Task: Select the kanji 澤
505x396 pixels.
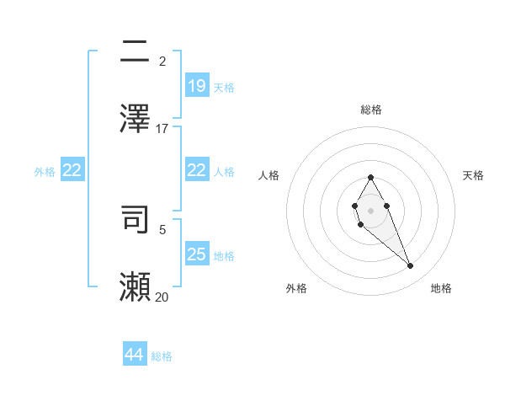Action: tap(136, 119)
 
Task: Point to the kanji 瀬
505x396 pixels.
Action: tap(136, 286)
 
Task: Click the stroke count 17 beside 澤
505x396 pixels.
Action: tap(162, 129)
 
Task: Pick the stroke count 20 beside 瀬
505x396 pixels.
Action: tap(162, 297)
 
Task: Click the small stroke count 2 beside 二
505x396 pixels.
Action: tap(162, 62)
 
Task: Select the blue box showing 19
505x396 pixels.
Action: tap(196, 85)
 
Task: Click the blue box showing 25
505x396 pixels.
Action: tap(196, 254)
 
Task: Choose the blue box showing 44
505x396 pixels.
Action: tap(135, 355)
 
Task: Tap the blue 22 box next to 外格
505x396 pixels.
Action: tap(72, 170)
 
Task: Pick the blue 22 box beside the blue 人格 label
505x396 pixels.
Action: tap(196, 170)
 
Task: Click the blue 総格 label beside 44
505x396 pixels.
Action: tap(162, 356)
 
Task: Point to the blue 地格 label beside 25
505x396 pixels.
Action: tap(224, 255)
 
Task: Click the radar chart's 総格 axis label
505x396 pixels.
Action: tap(371, 110)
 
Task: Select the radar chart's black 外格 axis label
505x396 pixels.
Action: tap(296, 288)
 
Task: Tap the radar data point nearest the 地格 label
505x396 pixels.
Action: tap(411, 266)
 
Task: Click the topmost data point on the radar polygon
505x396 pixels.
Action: tap(371, 177)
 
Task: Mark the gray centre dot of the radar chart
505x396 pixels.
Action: tap(371, 210)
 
